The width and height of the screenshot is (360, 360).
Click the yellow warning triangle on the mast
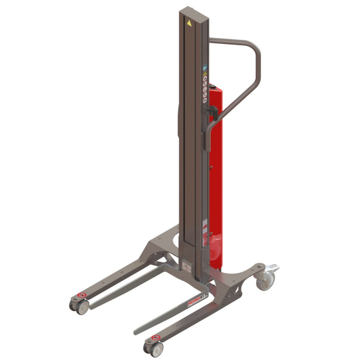(x=189, y=23)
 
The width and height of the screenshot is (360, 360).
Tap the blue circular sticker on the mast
(x=205, y=67)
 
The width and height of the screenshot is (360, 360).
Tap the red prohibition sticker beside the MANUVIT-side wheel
(x=156, y=337)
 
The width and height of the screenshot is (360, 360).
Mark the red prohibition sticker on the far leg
(x=82, y=295)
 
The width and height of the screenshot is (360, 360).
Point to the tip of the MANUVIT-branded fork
(x=137, y=332)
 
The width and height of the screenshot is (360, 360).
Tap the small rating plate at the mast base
(x=187, y=265)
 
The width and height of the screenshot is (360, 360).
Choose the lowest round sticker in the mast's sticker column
(x=205, y=101)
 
